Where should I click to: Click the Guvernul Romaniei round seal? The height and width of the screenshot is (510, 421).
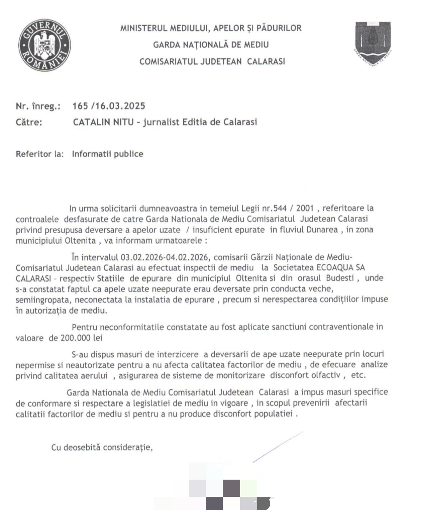tap(45, 45)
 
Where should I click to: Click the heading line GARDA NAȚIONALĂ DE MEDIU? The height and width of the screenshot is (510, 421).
tap(211, 45)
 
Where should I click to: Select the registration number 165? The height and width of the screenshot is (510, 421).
tap(80, 106)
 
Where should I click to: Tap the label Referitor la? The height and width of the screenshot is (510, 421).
tap(39, 154)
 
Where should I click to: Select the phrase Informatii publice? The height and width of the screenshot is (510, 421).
tap(108, 154)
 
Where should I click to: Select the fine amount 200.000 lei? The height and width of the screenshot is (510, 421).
tap(81, 338)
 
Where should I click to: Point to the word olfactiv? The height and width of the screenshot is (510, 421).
tap(324, 376)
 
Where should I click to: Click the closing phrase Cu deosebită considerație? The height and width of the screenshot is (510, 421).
tap(102, 448)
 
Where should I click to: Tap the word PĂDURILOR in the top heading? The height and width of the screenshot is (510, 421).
tap(279, 28)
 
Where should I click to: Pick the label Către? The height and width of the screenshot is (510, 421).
tap(29, 122)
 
